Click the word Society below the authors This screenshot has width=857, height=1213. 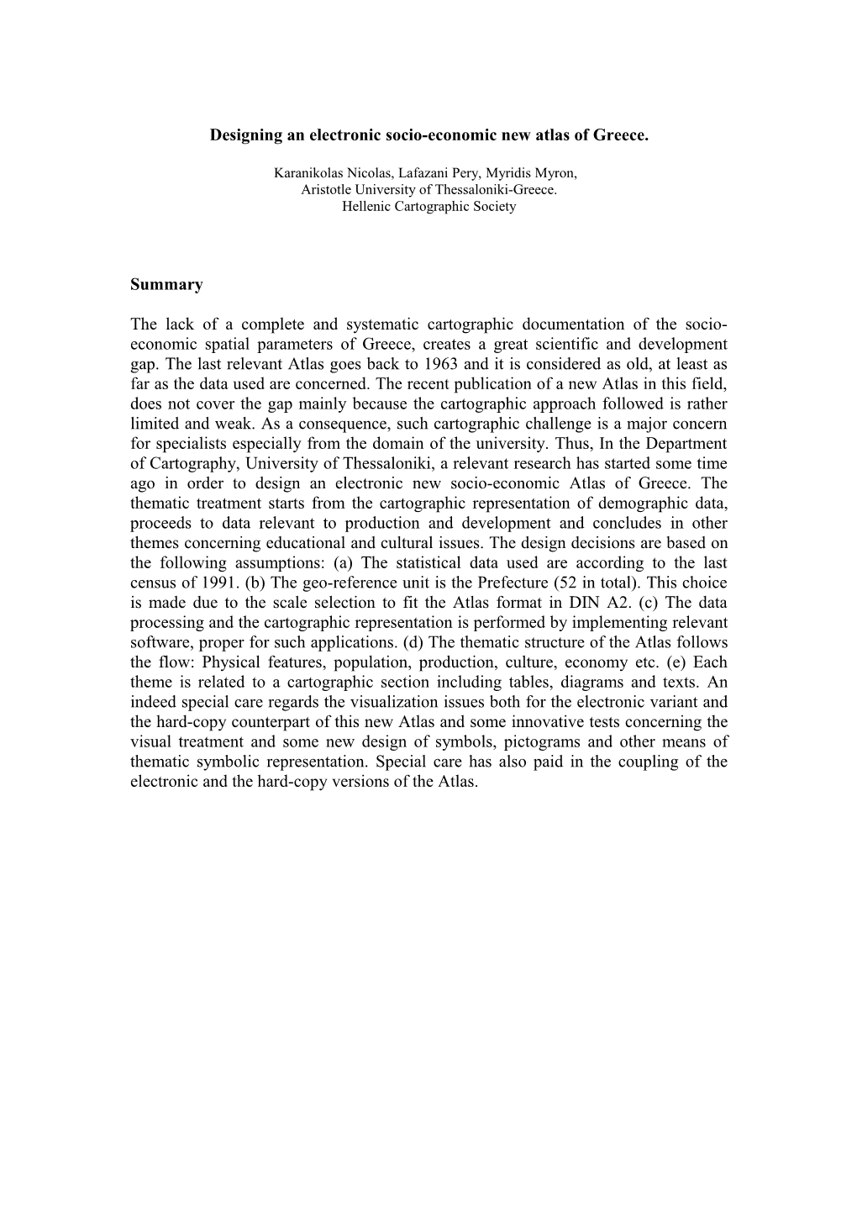click(494, 205)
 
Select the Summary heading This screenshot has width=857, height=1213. click(166, 284)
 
